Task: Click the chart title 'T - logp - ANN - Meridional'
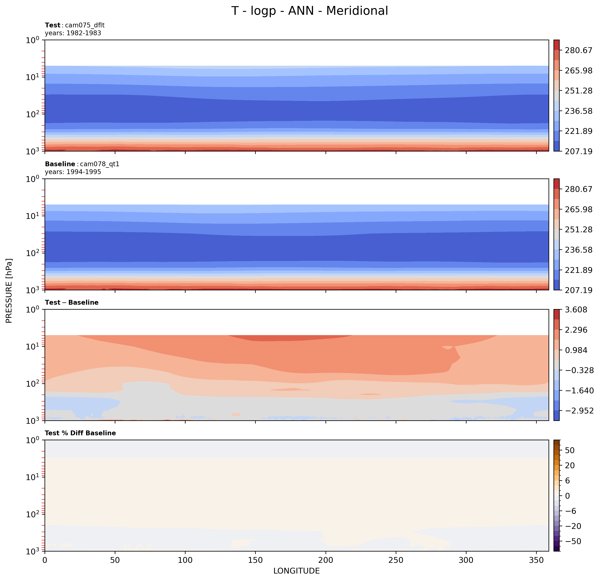point(309,11)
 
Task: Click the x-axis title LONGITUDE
point(296,571)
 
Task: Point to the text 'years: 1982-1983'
point(73,33)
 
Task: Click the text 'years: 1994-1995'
point(73,172)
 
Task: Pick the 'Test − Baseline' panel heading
point(72,302)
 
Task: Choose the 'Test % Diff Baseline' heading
point(80,433)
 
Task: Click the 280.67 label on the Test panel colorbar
point(578,50)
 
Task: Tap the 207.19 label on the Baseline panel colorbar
point(578,290)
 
